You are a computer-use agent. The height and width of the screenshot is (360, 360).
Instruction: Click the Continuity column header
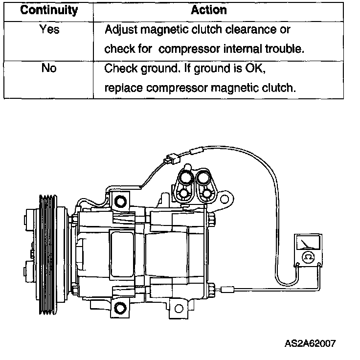tap(48, 10)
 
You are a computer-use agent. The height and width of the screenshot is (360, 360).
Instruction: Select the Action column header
tap(209, 10)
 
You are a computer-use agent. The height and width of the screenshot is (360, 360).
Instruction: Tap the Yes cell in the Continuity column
tap(48, 30)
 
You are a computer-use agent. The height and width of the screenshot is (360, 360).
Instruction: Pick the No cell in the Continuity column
tap(48, 68)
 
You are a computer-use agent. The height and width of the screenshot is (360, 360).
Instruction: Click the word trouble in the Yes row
tap(285, 49)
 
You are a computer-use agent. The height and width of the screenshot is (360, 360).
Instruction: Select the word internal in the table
tap(247, 49)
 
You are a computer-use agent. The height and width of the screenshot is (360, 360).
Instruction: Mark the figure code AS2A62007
tap(310, 343)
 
